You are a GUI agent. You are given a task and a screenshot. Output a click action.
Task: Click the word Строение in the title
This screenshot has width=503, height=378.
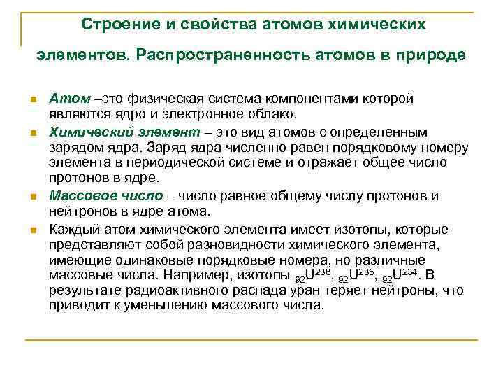(x=114, y=24)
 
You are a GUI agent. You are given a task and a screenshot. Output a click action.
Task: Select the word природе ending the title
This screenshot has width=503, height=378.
(x=431, y=55)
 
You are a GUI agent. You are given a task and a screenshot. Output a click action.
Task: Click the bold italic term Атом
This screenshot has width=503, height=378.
(x=64, y=99)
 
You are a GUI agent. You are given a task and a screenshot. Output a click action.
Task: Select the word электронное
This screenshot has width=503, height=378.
(x=217, y=114)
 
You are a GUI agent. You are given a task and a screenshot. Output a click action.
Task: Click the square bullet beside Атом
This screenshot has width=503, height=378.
(x=33, y=99)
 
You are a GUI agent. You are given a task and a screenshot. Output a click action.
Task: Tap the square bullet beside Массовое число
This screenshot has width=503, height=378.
(x=33, y=197)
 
